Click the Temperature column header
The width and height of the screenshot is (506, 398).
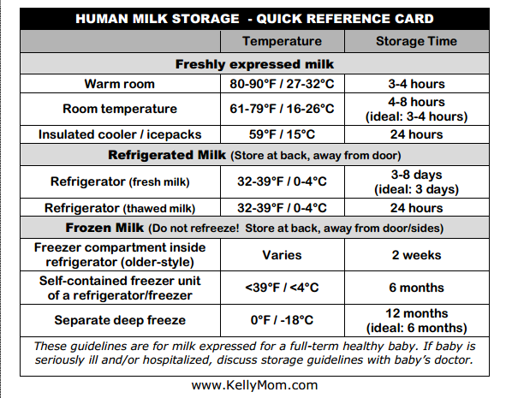[x=282, y=41]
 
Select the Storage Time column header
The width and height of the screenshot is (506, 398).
[x=416, y=41]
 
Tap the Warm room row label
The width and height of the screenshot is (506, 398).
[x=119, y=84]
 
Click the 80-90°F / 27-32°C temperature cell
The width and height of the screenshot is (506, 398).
[x=282, y=84]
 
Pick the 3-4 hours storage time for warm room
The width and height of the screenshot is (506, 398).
[x=416, y=84]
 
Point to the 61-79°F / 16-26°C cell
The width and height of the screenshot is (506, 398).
[x=282, y=109]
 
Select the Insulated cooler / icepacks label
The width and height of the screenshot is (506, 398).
[x=120, y=134]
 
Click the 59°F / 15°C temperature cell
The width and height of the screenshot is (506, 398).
[x=282, y=134]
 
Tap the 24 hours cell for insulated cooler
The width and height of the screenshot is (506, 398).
[x=416, y=134]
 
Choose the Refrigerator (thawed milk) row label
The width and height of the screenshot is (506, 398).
[x=120, y=208]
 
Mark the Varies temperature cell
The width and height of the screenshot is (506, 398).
[x=282, y=255]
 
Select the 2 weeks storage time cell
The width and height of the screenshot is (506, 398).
[x=416, y=255]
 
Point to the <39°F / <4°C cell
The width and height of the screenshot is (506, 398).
[x=282, y=288]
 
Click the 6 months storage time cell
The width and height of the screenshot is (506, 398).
[x=416, y=288]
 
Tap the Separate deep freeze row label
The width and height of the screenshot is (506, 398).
[x=120, y=320]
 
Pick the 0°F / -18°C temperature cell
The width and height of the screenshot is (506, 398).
[x=282, y=320]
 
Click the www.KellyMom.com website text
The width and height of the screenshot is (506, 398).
[x=254, y=385]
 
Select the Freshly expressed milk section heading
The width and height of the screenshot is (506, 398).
[x=254, y=64]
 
